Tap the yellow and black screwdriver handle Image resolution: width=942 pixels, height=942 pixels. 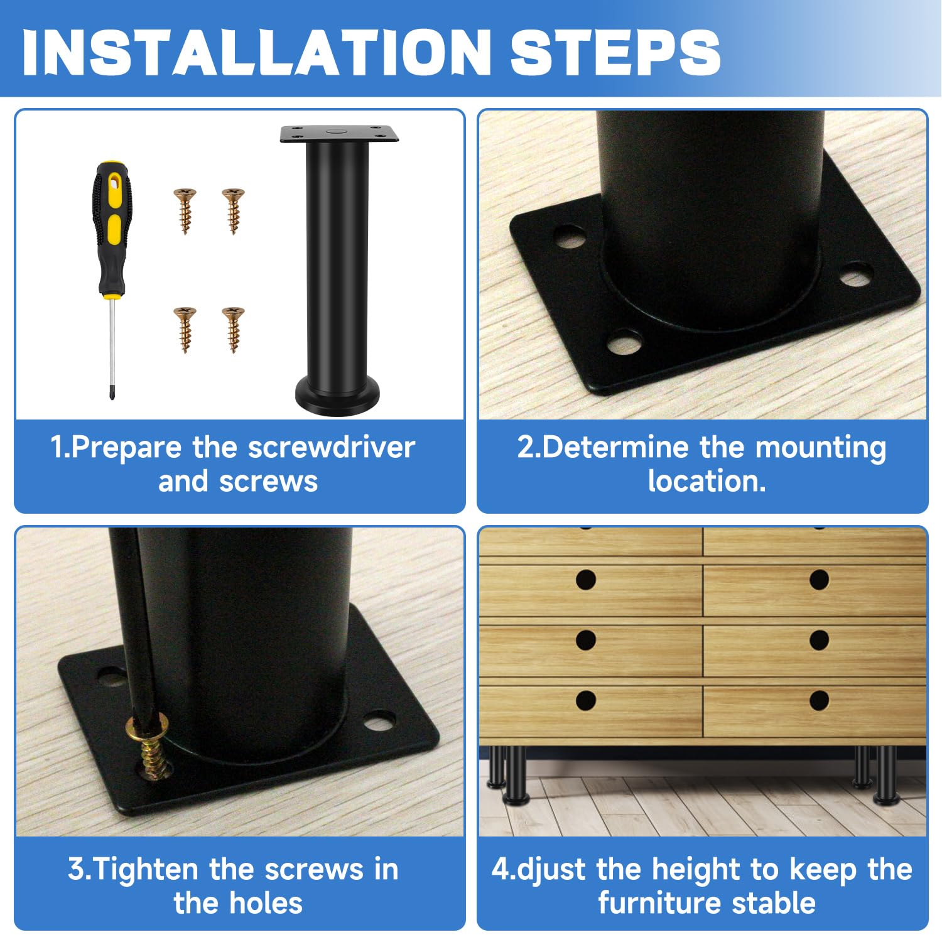pos(110,229)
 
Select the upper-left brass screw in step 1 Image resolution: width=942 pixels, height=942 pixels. pos(185,211)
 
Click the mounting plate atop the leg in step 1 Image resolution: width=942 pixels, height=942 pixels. pos(339,134)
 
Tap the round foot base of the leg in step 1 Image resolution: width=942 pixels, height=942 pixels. pos(338,396)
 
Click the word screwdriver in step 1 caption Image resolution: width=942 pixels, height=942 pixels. pos(331,448)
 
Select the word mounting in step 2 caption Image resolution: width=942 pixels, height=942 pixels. pos(821,448)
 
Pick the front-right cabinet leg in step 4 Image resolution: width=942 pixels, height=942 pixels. pos(887,776)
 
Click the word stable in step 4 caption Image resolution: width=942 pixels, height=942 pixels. pos(774,903)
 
